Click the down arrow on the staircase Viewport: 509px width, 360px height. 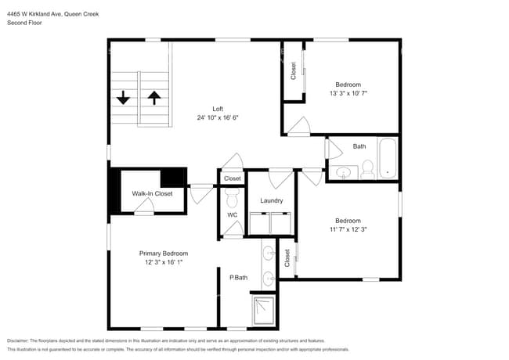point(124,98)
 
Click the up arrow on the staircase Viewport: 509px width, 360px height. point(154,98)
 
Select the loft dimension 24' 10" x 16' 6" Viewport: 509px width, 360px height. point(218,117)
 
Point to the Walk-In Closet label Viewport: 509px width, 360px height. point(152,193)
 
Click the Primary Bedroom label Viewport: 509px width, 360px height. point(163,254)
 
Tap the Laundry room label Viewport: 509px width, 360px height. point(271,200)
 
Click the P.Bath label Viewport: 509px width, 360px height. point(238,277)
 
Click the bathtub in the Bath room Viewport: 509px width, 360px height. point(388,159)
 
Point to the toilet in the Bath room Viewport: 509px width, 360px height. point(367,168)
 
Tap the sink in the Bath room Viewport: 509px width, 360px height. point(342,172)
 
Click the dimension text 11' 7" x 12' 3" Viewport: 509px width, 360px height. point(348,229)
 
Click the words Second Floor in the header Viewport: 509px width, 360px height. point(24,23)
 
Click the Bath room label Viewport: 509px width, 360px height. point(359,146)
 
